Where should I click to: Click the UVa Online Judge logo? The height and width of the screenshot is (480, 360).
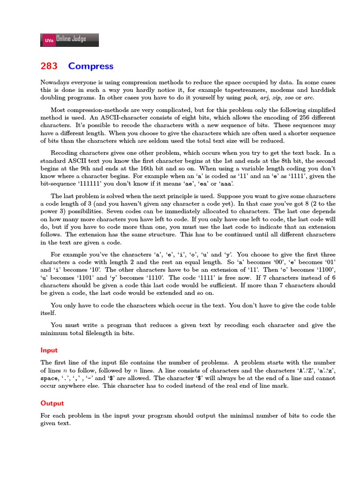[70, 40]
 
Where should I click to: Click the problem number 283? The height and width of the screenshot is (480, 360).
[49, 66]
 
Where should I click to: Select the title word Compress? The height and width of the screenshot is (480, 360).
[90, 66]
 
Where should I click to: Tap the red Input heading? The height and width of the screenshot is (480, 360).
[49, 350]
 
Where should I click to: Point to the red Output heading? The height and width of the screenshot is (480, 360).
[52, 403]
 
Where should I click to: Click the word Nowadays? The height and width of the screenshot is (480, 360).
[56, 82]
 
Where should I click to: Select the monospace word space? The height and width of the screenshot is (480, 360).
[50, 378]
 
